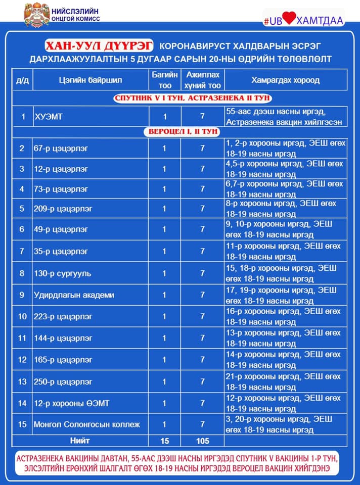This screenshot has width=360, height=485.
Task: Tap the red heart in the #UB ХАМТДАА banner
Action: pyautogui.click(x=289, y=19)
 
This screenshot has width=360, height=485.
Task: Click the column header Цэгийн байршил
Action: pyautogui.click(x=90, y=80)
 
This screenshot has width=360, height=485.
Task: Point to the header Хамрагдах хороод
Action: pyautogui.click(x=285, y=80)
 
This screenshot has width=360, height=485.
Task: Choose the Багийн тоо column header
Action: pyautogui.click(x=164, y=80)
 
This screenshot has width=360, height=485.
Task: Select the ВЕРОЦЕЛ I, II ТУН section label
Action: pyautogui.click(x=183, y=132)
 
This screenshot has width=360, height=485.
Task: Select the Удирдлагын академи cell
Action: pyautogui.click(x=74, y=295)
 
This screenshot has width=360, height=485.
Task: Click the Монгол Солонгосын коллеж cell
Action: pyautogui.click(x=86, y=424)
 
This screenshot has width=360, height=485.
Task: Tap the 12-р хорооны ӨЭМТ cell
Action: pyautogui.click(x=71, y=403)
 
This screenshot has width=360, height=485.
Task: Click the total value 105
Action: pyautogui.click(x=202, y=441)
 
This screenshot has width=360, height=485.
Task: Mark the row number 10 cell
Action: pyautogui.click(x=22, y=317)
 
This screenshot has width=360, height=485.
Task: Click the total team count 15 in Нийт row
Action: pyautogui.click(x=164, y=441)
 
